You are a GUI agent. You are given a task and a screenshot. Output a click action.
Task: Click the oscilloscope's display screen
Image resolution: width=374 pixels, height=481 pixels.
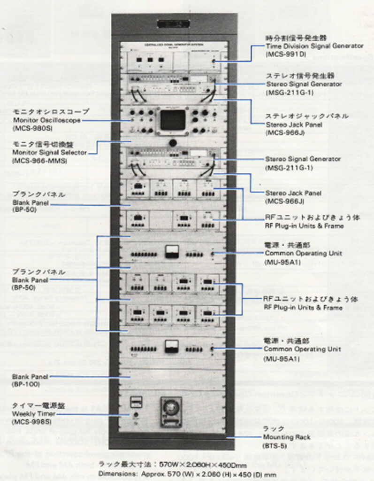(x=173, y=120)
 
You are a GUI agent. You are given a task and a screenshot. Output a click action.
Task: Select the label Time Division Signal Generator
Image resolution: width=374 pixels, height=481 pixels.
(x=314, y=46)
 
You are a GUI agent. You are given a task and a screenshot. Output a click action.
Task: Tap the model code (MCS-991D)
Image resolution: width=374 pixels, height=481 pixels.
(x=286, y=54)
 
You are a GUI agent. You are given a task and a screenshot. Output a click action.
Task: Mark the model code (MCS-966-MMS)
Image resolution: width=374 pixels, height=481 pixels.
(x=40, y=161)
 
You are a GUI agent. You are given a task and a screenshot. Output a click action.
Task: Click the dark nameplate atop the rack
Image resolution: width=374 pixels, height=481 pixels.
(x=173, y=23)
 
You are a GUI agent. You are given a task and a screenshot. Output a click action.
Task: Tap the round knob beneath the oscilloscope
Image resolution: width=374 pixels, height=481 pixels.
(x=173, y=142)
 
